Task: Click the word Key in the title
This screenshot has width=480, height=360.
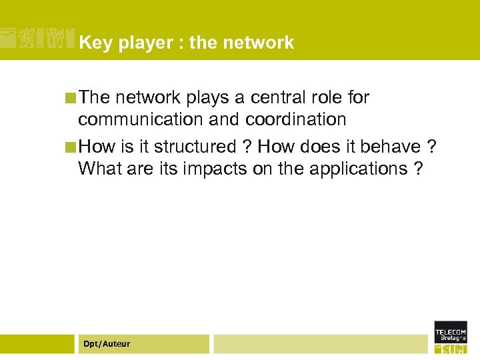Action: [x=92, y=43]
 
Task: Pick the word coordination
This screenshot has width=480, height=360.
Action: [x=296, y=120]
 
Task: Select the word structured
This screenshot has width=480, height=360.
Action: [x=195, y=147]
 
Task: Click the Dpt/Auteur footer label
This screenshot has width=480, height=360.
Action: [x=107, y=344]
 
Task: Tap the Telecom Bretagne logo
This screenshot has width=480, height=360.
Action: [x=451, y=337]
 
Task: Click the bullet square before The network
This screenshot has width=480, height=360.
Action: [x=70, y=98]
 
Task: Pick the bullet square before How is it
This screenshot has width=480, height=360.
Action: [x=70, y=147]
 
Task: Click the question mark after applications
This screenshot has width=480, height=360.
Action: [x=418, y=169]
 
